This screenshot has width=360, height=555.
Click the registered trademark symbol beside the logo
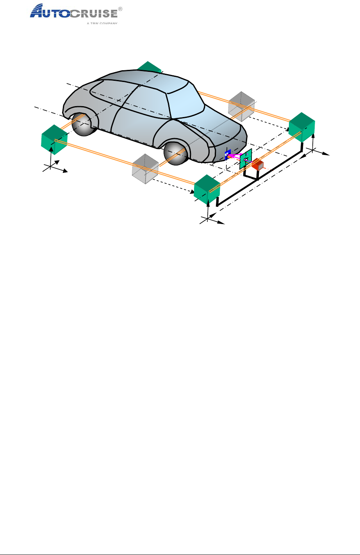(121, 8)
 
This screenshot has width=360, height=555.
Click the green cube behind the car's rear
(54, 140)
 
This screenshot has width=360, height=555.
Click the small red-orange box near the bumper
(258, 165)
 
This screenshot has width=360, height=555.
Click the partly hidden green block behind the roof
(149, 67)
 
